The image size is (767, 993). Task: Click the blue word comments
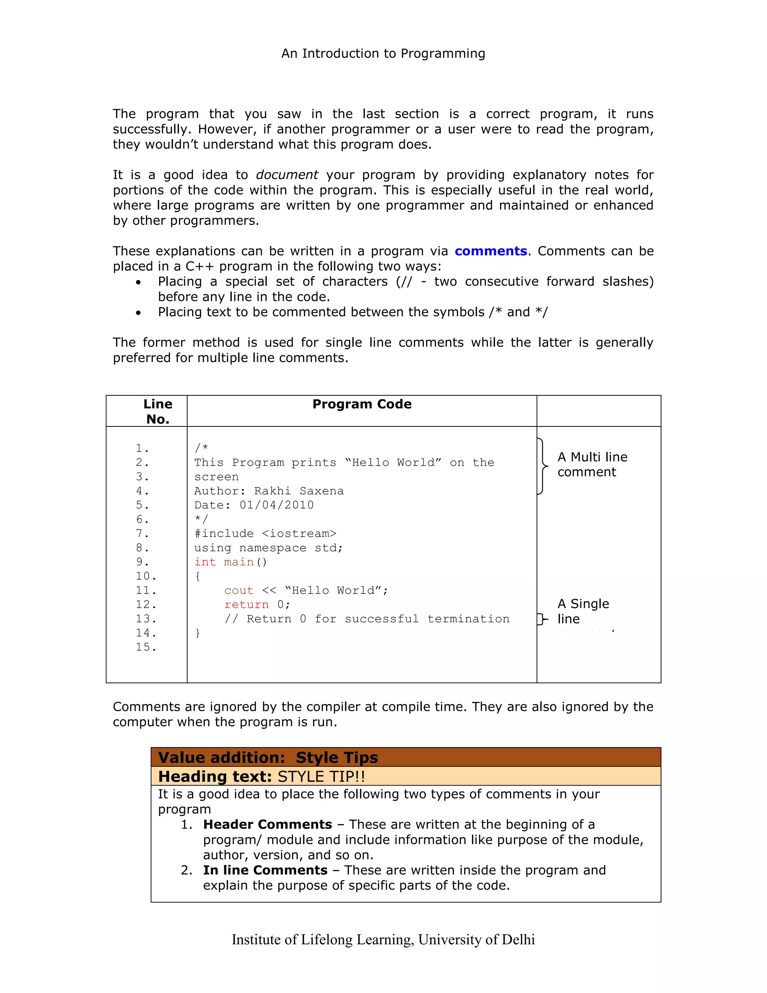coord(490,251)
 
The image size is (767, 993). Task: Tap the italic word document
coord(287,175)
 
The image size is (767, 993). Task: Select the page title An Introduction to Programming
coord(383,54)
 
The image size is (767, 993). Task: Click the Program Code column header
coord(362,404)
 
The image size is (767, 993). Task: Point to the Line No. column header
coord(158,411)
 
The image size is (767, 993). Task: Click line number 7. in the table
coord(142,533)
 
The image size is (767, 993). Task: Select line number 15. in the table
coord(146,647)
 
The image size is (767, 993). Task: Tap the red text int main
coord(224,562)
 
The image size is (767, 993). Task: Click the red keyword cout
coord(239,590)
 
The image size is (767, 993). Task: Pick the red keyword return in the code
coord(246,604)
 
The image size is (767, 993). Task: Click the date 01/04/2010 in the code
coord(276,505)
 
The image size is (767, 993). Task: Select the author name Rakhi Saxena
coord(298,491)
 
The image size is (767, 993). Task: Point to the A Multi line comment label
coord(592,464)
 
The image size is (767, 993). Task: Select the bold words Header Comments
coord(268,824)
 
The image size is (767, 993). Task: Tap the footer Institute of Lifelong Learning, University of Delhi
coord(383,939)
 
